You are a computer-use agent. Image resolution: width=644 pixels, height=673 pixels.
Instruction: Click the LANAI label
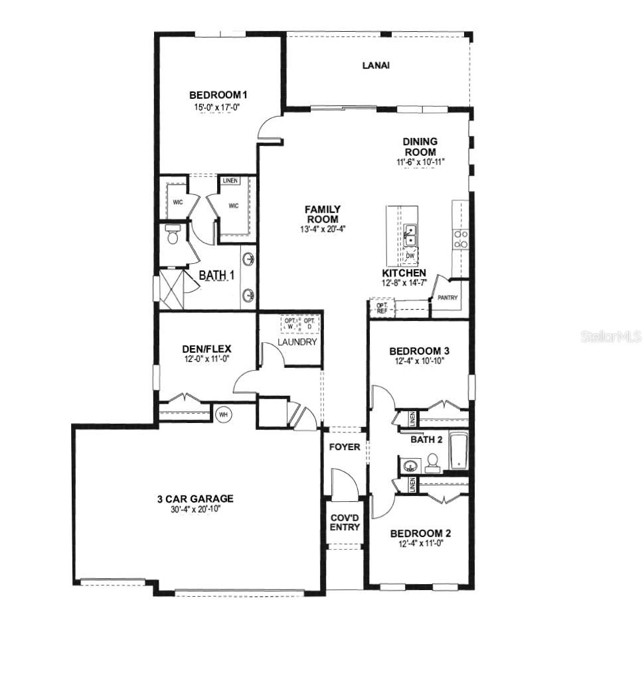point(375,65)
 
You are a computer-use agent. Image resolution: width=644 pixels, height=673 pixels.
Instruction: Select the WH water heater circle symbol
point(222,414)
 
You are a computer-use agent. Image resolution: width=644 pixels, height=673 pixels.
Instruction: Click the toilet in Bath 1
point(173,234)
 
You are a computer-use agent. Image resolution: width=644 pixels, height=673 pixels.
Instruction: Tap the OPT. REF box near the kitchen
point(382,308)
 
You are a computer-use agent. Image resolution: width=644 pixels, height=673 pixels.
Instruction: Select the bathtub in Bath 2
point(458,451)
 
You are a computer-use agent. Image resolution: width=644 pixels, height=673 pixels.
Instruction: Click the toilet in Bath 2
point(432,462)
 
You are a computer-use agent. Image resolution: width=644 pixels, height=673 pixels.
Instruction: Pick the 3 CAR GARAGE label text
point(195,499)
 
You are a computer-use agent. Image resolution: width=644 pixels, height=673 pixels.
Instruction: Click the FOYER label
point(345,447)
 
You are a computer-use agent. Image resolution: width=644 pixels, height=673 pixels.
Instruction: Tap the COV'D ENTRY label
point(345,522)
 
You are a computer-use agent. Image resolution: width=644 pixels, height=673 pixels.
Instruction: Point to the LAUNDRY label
point(297,342)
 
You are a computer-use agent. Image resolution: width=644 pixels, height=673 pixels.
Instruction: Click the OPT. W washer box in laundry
point(290,324)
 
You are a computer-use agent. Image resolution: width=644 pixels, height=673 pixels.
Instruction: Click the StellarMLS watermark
point(611,337)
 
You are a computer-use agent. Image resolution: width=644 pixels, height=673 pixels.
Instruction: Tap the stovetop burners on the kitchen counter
point(461,239)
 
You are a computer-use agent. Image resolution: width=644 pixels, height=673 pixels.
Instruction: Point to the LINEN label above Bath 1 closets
point(230,180)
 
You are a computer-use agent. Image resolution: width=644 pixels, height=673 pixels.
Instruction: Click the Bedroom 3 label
point(420,351)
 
